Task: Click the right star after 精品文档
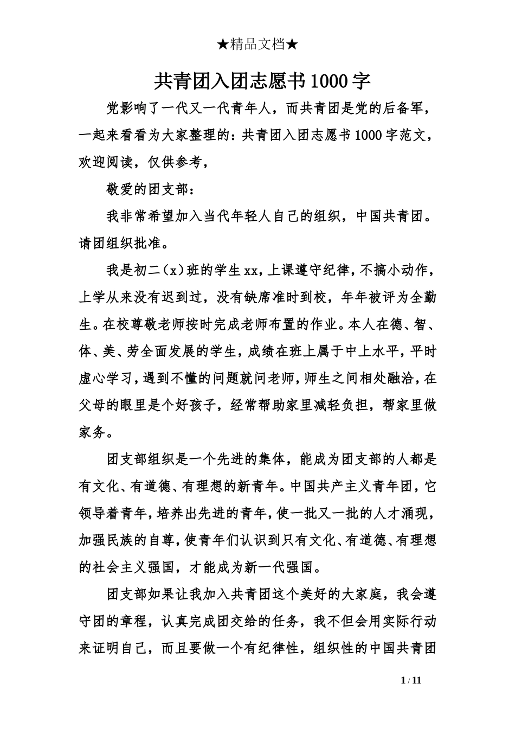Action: tap(292, 45)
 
